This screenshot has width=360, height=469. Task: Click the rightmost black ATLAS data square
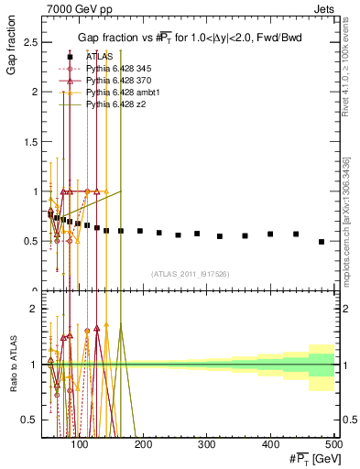click(x=322, y=242)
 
